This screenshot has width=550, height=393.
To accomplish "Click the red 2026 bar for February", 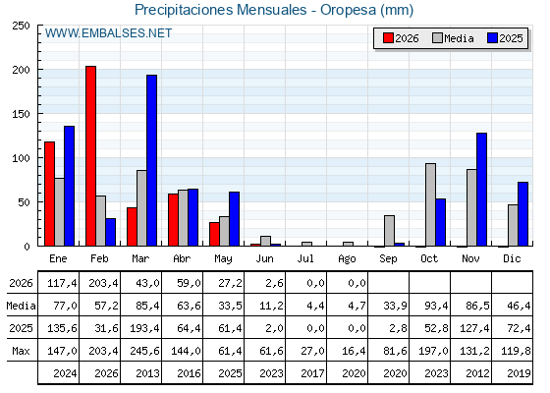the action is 90,156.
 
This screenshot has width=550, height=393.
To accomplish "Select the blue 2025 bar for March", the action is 152,160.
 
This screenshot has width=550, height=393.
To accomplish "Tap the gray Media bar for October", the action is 431,204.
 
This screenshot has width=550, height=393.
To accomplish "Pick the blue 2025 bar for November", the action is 482,190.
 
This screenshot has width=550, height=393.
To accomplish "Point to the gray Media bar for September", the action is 389,231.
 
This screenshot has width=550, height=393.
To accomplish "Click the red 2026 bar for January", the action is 49,194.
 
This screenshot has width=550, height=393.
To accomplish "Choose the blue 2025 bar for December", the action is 522,214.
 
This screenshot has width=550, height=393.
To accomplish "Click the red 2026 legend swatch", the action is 388,38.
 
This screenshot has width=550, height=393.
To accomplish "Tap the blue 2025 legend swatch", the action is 492,38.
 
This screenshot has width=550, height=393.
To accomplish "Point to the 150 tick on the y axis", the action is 21,114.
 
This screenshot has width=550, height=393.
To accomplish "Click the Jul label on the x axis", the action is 305,258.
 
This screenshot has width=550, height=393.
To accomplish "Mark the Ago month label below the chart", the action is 347,259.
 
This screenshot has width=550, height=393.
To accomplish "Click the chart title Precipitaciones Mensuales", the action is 221,10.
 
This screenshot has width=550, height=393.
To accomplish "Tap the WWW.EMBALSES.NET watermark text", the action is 108,33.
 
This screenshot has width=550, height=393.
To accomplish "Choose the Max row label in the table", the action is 21,351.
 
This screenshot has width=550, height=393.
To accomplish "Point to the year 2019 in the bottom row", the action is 519,373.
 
